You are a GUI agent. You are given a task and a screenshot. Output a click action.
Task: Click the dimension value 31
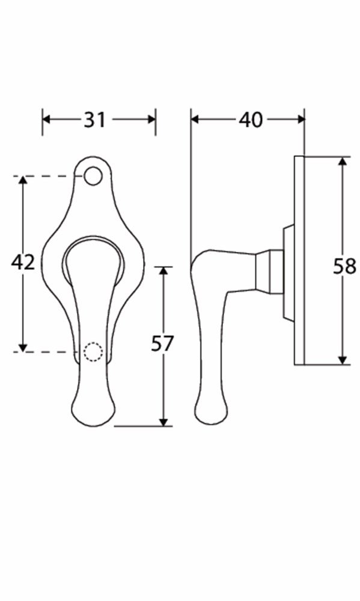pos(95,120)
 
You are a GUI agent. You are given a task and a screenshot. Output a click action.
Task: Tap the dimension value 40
pos(251,120)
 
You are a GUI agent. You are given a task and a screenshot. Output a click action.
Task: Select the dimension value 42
pos(23,263)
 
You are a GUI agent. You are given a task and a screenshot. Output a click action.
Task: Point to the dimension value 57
pos(162,343)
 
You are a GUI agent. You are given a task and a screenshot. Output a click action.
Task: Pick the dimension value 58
pos(344,266)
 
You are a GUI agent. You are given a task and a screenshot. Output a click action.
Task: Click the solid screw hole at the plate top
pos(93,176)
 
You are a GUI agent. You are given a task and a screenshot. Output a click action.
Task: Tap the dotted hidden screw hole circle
pos(93,352)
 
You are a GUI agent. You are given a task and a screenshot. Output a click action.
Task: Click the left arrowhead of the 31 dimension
pos(46,120)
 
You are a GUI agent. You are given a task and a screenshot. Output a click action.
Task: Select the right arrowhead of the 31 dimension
pos(151,120)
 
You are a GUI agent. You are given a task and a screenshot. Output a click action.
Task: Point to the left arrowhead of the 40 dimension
pos(195,120)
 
